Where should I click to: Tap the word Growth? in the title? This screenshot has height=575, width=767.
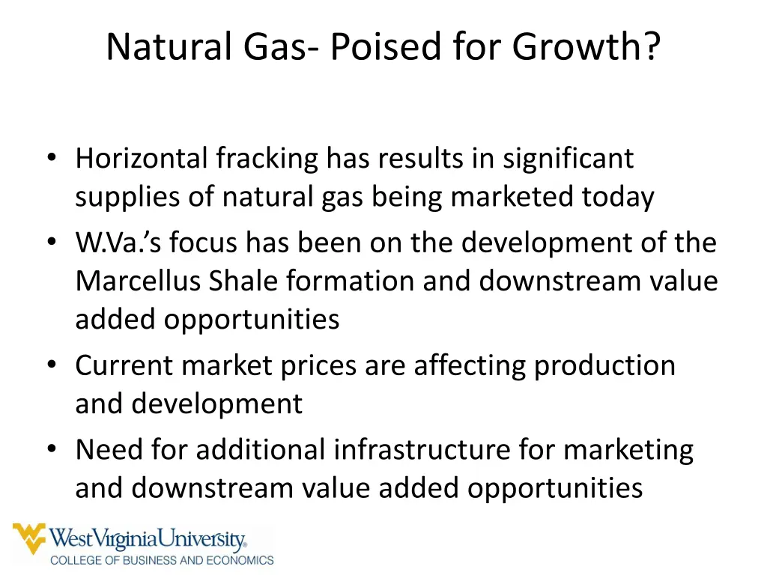pyautogui.click(x=586, y=47)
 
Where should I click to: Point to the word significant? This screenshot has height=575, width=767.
pyautogui.click(x=568, y=158)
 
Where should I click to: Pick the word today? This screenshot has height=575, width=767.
pyautogui.click(x=618, y=197)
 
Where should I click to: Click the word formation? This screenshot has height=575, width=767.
pyautogui.click(x=351, y=281)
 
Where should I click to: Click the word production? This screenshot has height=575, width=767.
pyautogui.click(x=604, y=365)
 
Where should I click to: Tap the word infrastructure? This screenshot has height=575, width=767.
pyautogui.click(x=422, y=450)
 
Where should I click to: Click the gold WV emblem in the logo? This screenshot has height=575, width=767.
pyautogui.click(x=28, y=538)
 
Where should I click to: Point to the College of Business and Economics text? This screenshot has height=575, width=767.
pyautogui.click(x=162, y=559)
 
